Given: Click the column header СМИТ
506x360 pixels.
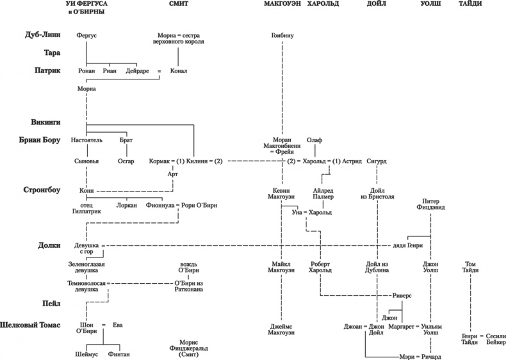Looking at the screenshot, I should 179,5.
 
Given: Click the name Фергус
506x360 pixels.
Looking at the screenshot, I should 86,35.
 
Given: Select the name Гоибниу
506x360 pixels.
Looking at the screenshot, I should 282,35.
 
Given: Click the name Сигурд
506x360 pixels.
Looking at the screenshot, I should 377,161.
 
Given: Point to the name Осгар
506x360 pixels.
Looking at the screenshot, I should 126,161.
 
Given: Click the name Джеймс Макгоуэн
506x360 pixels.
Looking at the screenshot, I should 282,330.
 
